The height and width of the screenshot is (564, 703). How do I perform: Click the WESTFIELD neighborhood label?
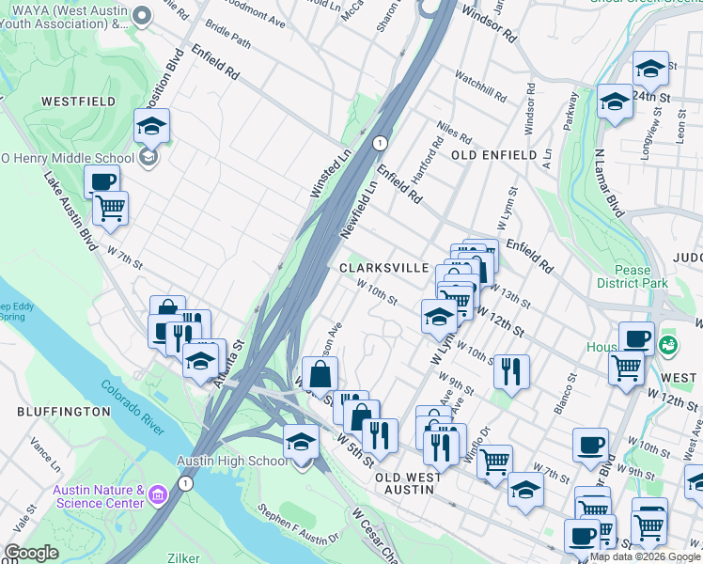tap(78, 102)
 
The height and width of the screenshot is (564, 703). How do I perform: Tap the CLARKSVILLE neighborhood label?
tap(383, 268)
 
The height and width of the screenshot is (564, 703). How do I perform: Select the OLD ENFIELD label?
tap(494, 154)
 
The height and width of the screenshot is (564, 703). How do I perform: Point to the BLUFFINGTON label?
tap(64, 412)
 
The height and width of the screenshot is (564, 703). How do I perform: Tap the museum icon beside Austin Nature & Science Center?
tap(157, 492)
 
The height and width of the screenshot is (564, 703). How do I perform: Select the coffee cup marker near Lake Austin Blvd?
tap(102, 180)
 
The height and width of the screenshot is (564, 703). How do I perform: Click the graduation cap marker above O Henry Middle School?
tap(150, 125)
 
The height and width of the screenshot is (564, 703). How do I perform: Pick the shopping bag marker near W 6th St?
tap(320, 372)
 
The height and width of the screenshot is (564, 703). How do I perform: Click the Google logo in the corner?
tap(31, 553)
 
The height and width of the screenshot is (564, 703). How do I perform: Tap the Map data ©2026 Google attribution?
tap(645, 556)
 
